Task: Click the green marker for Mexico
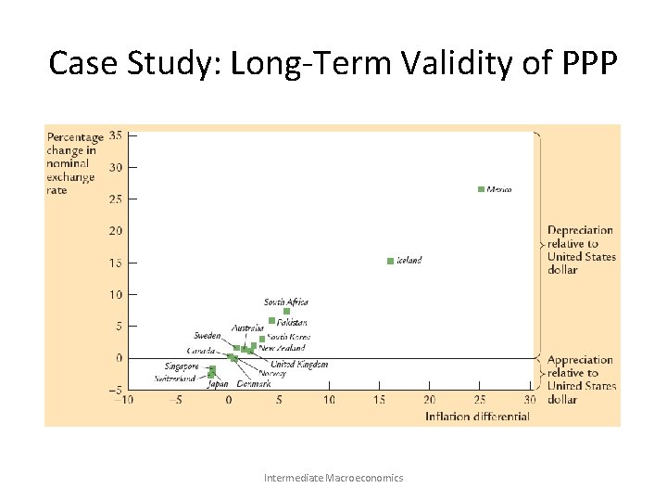tap(481, 189)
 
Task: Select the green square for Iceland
tap(390, 261)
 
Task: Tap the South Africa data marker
tap(286, 312)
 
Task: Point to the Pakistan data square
tap(271, 321)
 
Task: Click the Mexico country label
tap(499, 189)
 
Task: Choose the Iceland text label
tap(409, 261)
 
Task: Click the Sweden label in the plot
tap(208, 335)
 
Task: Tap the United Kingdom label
tap(299, 365)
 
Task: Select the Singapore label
tap(182, 366)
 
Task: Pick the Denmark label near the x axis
tap(254, 383)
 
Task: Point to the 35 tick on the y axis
tap(115, 135)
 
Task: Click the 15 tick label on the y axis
tap(115, 263)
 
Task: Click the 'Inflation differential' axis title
tap(477, 417)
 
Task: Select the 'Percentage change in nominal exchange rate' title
tap(74, 164)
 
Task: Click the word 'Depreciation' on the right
tap(580, 231)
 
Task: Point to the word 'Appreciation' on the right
tap(580, 360)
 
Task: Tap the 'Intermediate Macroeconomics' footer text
tap(333, 478)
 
